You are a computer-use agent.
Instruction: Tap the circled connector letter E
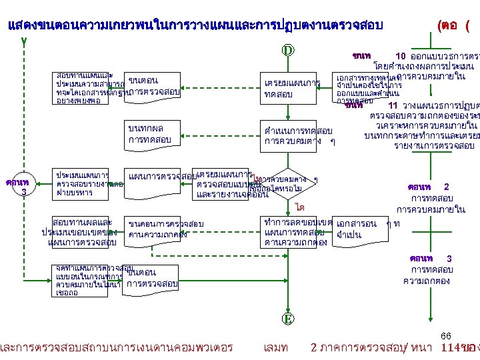click(x=288, y=319)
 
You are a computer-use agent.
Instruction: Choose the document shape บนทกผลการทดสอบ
click(x=151, y=134)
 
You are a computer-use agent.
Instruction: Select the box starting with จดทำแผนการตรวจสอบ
click(x=87, y=280)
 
